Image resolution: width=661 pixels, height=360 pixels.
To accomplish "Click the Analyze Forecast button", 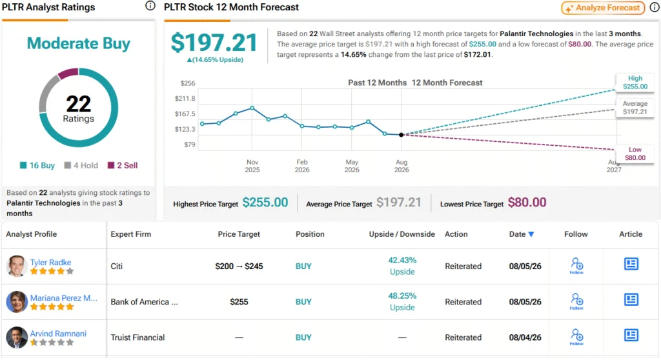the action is coord(603,8).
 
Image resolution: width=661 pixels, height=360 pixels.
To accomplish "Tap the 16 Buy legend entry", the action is coord(37,165).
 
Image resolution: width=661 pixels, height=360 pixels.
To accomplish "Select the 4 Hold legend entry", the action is coord(81,165).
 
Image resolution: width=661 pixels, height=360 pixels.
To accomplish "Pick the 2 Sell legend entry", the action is coord(123,165).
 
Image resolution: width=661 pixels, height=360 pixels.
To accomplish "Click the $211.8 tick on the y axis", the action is coord(185,99).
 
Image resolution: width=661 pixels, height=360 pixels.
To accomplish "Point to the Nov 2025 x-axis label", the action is coord(252,166).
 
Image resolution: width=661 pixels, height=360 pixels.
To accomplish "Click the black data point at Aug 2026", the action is coord(402,135).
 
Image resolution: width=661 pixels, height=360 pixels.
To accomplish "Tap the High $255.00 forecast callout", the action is coord(635,83).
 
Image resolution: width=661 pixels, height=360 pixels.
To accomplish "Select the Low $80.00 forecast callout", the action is coord(635,154).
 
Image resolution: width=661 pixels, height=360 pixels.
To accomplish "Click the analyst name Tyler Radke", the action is coord(50,262).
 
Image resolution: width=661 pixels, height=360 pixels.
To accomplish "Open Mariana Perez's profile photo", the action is coord(17,302).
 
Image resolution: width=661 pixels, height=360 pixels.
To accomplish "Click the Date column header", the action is coord(522,234).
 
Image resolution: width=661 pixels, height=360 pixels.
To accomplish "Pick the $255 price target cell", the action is coord(239,302).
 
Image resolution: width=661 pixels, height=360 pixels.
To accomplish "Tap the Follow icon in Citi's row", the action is coord(576,266).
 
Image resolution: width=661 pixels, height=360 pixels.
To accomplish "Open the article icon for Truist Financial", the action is coord(631,335).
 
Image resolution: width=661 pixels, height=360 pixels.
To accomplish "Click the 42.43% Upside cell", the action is coord(402,266).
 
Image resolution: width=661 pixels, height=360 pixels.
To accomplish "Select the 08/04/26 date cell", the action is coord(525,337).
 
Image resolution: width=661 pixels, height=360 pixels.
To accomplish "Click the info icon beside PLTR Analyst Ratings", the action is coord(150,6).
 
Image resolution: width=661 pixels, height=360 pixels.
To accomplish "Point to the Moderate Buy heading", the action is coord(78,43).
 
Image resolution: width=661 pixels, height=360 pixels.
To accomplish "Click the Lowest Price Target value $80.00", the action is coord(527,203).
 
